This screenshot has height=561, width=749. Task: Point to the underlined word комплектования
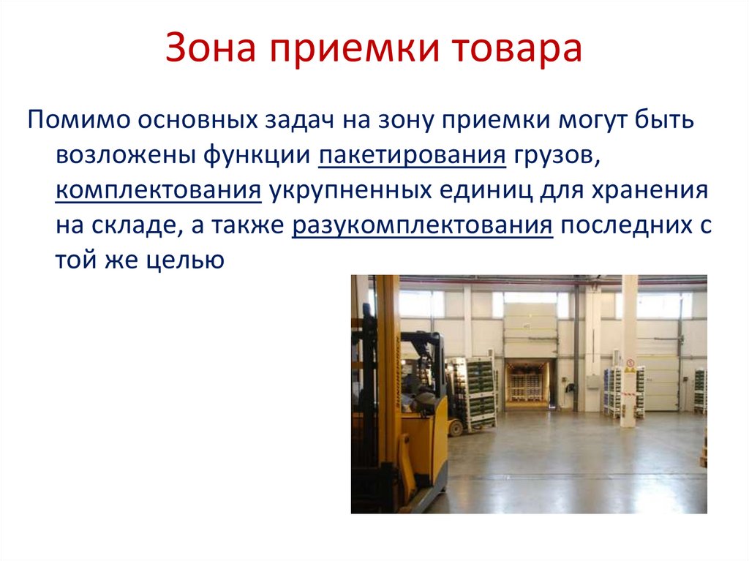(158, 192)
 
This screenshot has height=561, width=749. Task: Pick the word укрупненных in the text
(350, 192)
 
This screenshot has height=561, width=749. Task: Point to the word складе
(135, 227)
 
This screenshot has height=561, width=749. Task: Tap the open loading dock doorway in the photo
(526, 382)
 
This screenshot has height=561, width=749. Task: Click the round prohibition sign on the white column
(629, 361)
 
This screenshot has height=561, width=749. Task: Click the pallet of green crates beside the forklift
(473, 391)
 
